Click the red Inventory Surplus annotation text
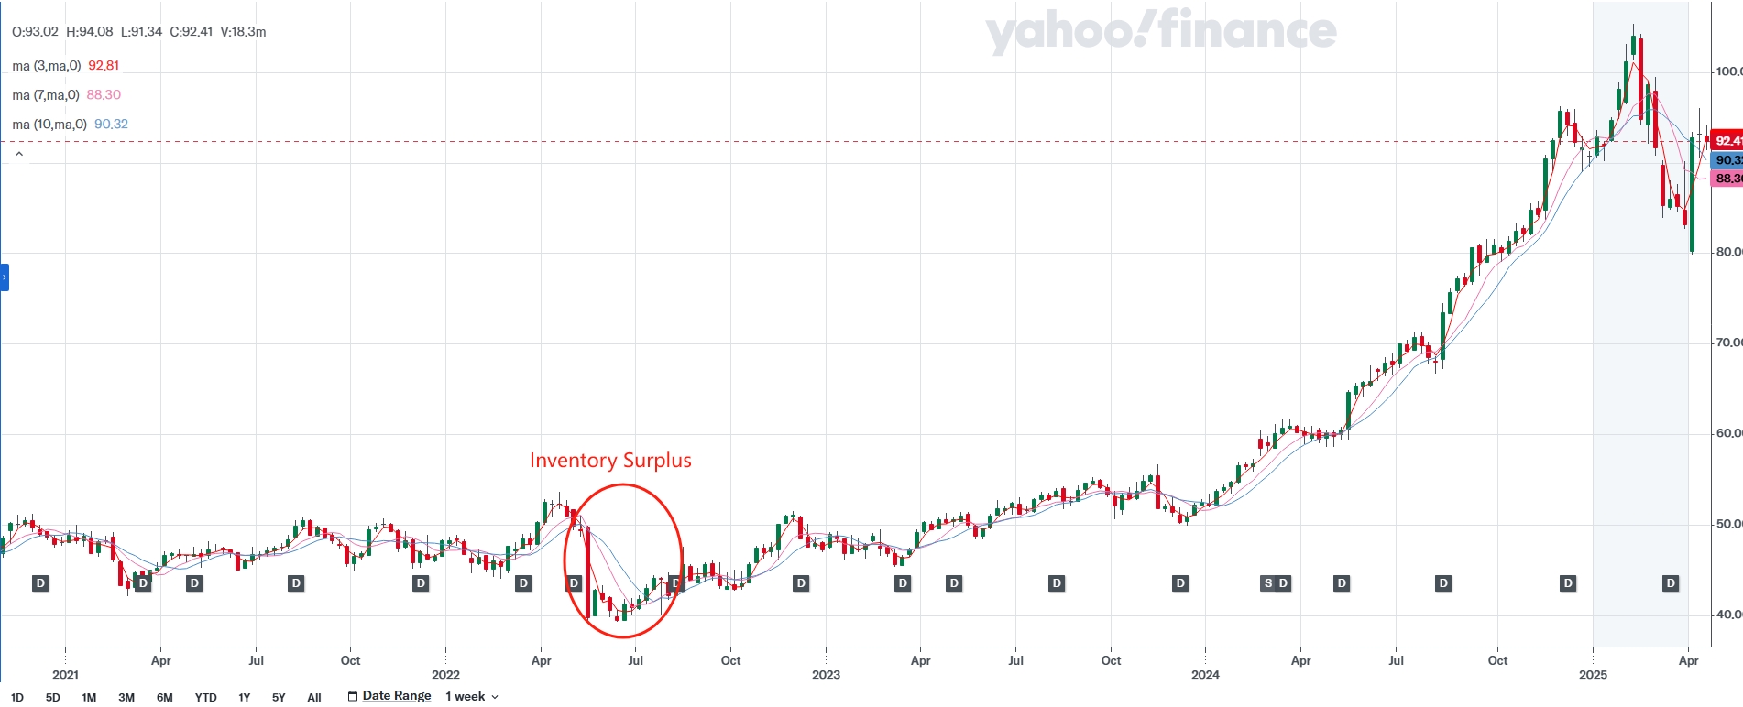(610, 460)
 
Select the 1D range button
(17, 697)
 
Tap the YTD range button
(205, 697)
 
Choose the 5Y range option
(279, 697)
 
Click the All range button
(314, 697)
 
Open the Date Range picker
(389, 696)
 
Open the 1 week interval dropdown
(472, 696)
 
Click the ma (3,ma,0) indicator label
(47, 66)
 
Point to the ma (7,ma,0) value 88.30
(104, 95)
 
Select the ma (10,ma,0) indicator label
(49, 125)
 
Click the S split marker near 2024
(1268, 583)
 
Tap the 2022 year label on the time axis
(445, 675)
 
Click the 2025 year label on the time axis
(1593, 675)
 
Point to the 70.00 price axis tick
(1728, 343)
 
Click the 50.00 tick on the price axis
(1728, 524)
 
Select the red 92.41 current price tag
(1727, 141)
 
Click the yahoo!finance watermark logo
(1160, 32)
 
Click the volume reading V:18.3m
(244, 32)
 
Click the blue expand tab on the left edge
(5, 277)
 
